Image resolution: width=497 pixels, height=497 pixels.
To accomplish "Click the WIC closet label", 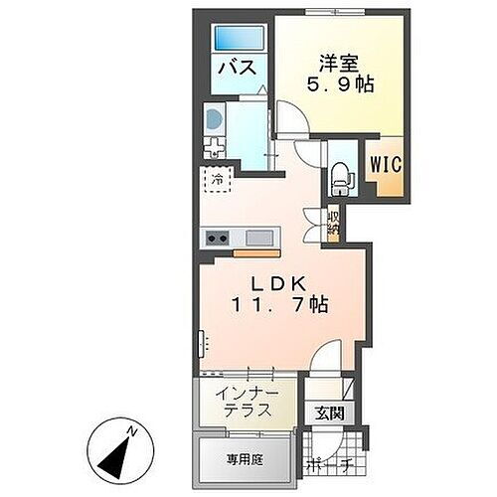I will click(387, 163).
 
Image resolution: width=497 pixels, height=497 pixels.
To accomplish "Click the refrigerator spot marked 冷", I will click(217, 182).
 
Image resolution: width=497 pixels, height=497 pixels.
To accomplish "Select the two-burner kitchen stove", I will click(218, 239).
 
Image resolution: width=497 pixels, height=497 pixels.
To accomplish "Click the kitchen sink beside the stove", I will click(258, 239).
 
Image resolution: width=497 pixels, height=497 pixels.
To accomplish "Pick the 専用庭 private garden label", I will click(241, 461).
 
